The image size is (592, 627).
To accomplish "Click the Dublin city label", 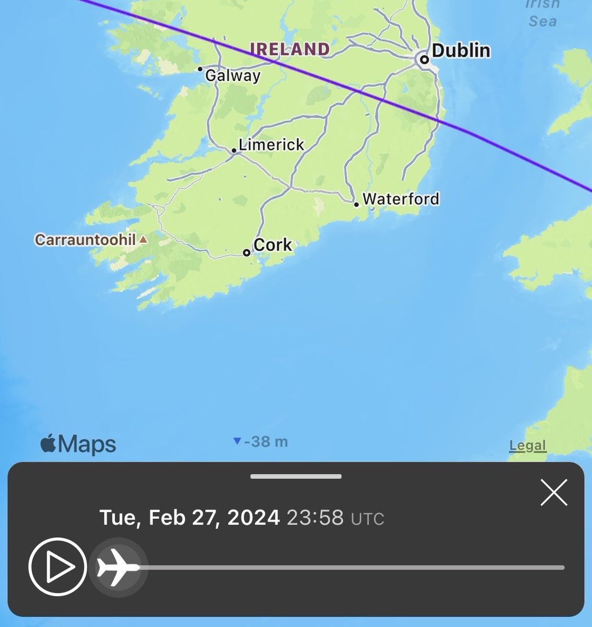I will coord(461,51).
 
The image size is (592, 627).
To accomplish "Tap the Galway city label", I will coord(233,76).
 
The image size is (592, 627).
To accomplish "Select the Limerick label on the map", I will coord(271,144).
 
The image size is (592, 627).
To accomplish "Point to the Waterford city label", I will coord(401,199).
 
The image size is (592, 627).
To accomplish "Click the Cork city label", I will coord(272,245).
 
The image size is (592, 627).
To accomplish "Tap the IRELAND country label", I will coord(290,49).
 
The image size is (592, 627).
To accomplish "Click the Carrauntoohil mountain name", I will coord(85,240).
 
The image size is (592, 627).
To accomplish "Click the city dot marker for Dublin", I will coord(424,60).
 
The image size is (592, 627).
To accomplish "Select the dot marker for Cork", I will coord(247,253).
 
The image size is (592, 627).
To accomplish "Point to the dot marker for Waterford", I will coord(356,204).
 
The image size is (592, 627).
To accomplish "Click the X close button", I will coord(554,493).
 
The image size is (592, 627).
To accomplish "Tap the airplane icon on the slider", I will coord(118,567).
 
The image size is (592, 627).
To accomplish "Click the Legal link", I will coord(527,446).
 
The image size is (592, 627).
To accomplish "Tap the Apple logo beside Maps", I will coord(49,445).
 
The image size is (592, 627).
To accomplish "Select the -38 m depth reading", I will coord(265,442).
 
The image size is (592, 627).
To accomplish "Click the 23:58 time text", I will coord(315,518).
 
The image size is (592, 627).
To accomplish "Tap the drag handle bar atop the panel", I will coord(296,477).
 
